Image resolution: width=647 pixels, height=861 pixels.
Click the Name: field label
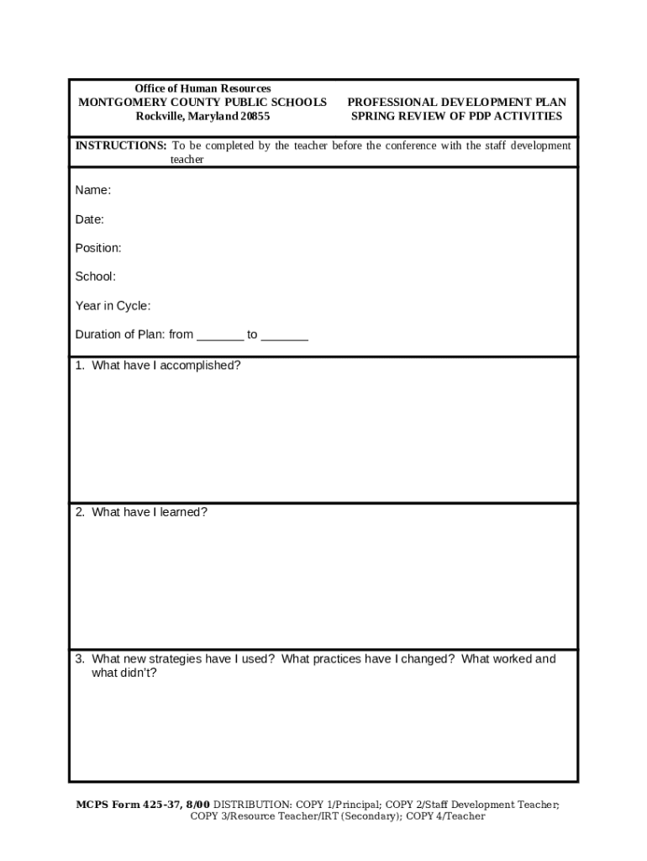coord(92,191)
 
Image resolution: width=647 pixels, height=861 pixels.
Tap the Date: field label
coord(89,219)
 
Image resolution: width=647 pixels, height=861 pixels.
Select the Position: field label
coord(98,248)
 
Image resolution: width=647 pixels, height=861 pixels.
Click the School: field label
coord(96,277)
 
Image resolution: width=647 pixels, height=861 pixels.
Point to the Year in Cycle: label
coord(113,306)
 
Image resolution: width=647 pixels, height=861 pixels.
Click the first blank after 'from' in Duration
coord(220,335)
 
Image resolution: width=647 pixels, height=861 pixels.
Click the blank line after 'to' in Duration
coord(284,335)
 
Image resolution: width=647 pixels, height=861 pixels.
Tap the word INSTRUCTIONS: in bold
coord(121,145)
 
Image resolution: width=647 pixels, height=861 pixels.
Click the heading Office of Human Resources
coord(203,88)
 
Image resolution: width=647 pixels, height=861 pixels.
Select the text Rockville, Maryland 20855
coord(203,116)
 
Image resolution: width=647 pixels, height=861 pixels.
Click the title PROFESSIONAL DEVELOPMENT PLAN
coord(456,103)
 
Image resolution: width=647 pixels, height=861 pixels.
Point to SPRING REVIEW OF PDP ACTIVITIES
coord(456,116)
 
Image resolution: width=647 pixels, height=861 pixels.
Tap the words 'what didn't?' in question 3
coord(124,673)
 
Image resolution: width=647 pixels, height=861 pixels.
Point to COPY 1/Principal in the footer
coord(335,805)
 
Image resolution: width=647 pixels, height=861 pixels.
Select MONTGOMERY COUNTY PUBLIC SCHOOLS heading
coord(203,103)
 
